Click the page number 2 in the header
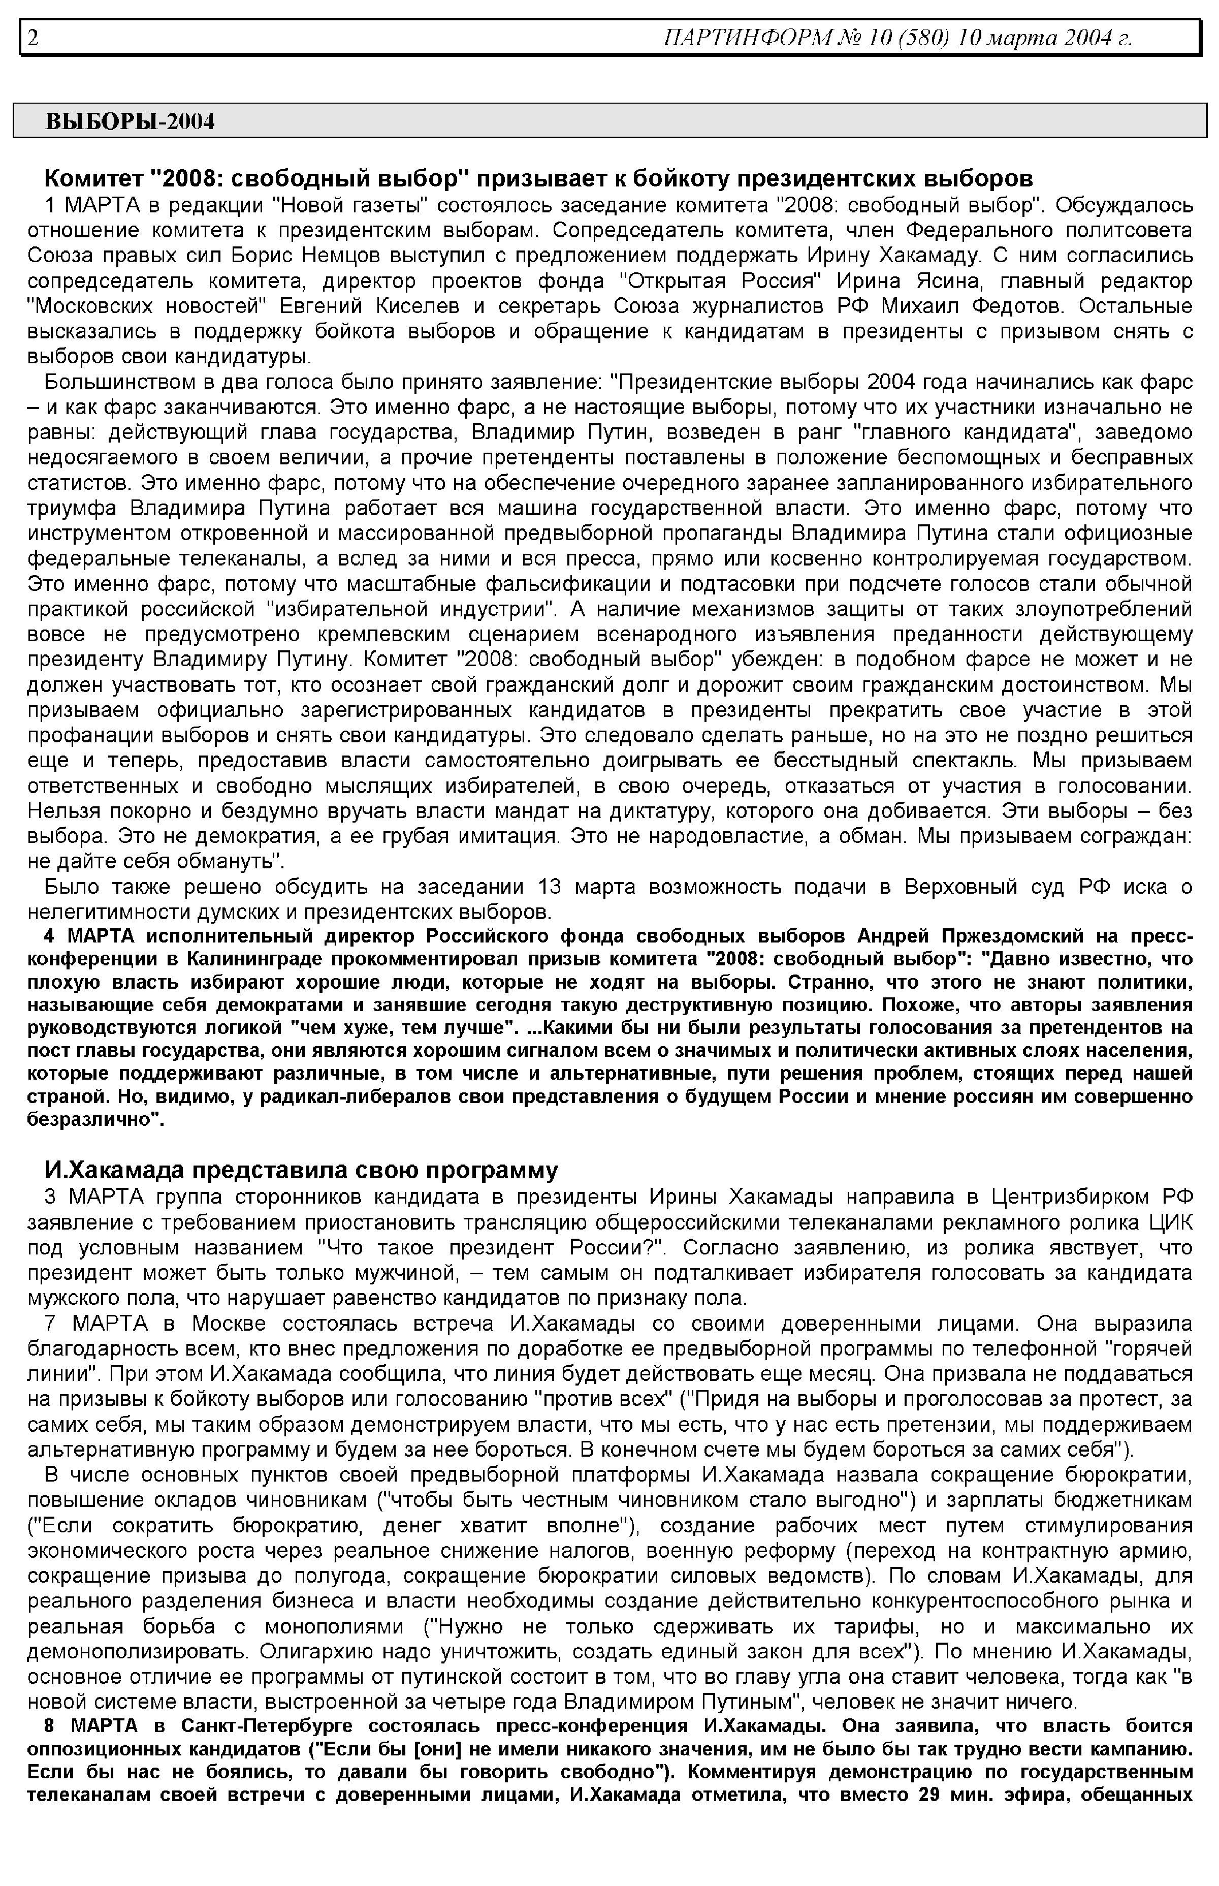[x=33, y=37]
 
